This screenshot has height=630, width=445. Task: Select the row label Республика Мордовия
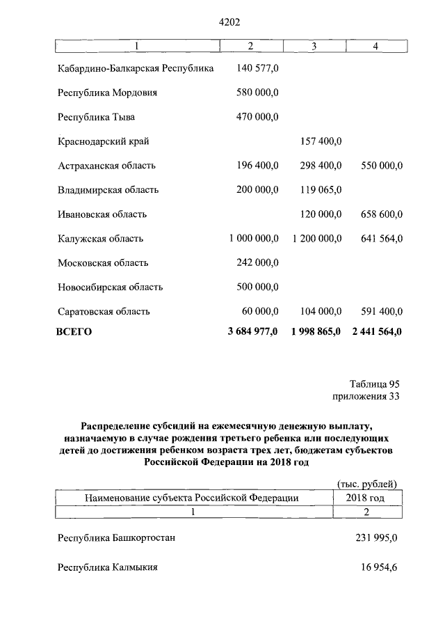click(x=108, y=93)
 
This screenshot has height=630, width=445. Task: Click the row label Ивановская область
click(x=102, y=214)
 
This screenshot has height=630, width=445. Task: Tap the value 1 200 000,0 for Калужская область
click(x=317, y=239)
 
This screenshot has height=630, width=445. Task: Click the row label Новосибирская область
click(x=111, y=287)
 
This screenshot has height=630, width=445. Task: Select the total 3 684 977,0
click(x=252, y=332)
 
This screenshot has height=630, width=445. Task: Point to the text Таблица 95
click(x=375, y=384)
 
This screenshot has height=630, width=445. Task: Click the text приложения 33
click(x=367, y=397)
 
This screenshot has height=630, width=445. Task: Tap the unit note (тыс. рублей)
click(x=366, y=484)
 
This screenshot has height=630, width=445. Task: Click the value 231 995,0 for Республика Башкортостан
click(x=376, y=538)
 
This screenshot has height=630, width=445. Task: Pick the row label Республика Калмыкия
click(x=108, y=567)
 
